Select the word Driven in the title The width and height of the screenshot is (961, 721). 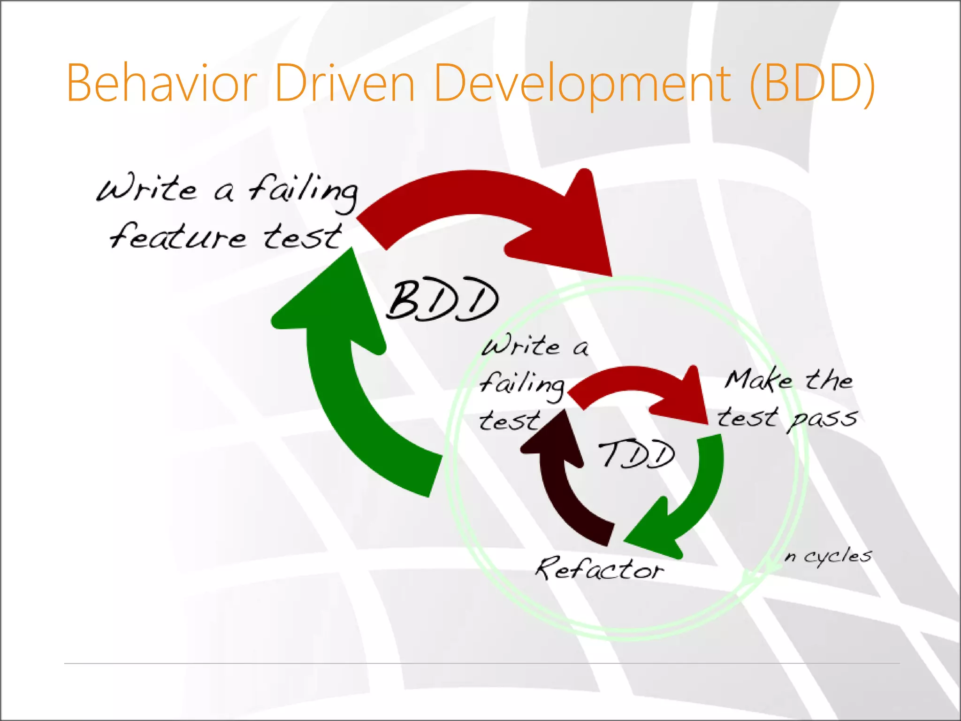[x=345, y=84]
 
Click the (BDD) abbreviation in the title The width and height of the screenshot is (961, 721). [x=812, y=84]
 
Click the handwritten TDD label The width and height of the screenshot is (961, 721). [x=637, y=454]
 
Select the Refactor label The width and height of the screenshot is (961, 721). [x=600, y=568]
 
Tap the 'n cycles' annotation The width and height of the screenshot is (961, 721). [x=828, y=556]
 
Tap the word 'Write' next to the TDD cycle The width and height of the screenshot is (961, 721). [x=521, y=346]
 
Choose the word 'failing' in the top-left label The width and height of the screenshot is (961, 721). [x=303, y=190]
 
